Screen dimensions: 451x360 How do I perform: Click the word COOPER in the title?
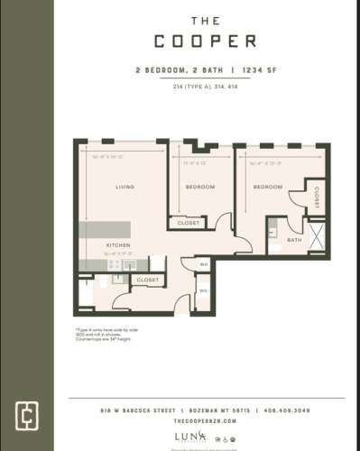pyautogui.click(x=205, y=41)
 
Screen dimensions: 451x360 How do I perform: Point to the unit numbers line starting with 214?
pyautogui.click(x=204, y=86)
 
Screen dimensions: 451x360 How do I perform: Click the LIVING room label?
pyautogui.click(x=125, y=187)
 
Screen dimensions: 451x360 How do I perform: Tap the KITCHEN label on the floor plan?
pyautogui.click(x=119, y=245)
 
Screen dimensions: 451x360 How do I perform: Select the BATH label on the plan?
pyautogui.click(x=293, y=240)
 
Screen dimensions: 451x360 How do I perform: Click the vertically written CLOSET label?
pyautogui.click(x=318, y=196)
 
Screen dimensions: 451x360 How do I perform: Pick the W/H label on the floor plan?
pyautogui.click(x=203, y=264)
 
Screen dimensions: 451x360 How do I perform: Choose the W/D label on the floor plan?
pyautogui.click(x=203, y=290)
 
